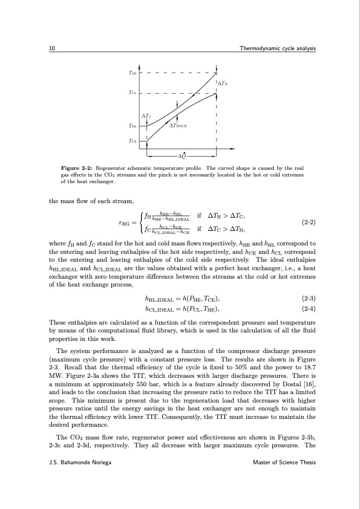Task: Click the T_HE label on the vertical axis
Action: [133, 72]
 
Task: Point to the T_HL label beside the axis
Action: [133, 126]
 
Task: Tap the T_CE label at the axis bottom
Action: [133, 140]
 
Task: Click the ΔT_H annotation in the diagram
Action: [222, 83]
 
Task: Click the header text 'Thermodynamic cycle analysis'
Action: [278, 48]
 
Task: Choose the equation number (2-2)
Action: [309, 222]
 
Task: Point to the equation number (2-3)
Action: [309, 299]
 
